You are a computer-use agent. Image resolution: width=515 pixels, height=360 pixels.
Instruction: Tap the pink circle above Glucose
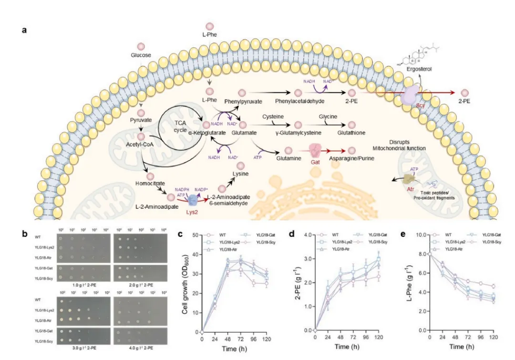pos(141,47)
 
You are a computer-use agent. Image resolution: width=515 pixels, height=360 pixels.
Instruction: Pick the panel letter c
pos(180,234)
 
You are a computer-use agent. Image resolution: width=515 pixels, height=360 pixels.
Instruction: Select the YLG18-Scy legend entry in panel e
pos(489,242)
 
